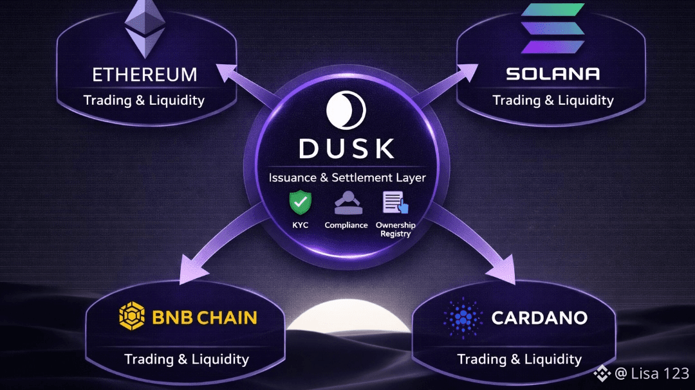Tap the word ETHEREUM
tap(144, 75)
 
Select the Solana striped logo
tap(552, 28)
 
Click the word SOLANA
tap(553, 74)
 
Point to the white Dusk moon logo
tap(346, 110)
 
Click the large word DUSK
tap(347, 148)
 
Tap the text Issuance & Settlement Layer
tap(347, 177)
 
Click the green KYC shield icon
tap(300, 203)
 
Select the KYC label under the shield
tap(300, 225)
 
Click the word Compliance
tap(346, 225)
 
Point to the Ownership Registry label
tap(395, 229)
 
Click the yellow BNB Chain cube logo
tap(132, 317)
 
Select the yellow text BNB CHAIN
tap(205, 317)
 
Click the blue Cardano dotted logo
tap(462, 317)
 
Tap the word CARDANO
tap(539, 317)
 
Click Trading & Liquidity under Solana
tap(553, 100)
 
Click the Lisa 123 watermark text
tap(651, 373)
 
